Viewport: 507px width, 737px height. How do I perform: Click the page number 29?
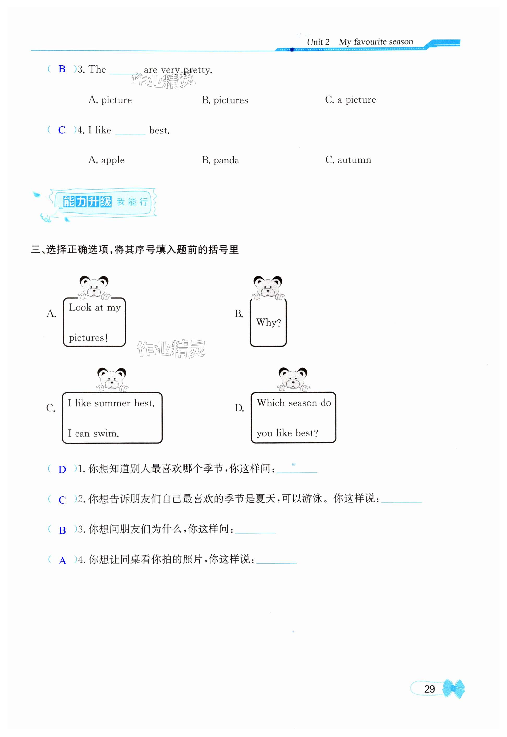coord(429,689)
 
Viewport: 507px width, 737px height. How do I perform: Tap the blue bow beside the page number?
coord(454,689)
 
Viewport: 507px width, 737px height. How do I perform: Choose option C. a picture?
coord(351,100)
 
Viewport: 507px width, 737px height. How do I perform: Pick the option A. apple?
coord(106,160)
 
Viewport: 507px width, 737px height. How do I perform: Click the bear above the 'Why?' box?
coord(268,287)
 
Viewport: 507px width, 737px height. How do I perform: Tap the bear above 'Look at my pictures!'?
coord(94,287)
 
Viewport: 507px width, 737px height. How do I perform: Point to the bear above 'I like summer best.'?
coord(112,379)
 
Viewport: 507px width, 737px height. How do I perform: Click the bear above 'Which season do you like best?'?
coord(293,379)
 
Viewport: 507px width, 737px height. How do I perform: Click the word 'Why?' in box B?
coord(268,323)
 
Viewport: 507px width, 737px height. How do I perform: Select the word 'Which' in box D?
coord(271,403)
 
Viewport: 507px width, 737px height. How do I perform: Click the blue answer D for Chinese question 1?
coord(62,470)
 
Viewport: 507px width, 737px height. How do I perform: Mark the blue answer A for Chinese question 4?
coord(63,560)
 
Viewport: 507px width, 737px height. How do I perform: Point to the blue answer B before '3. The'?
coord(62,69)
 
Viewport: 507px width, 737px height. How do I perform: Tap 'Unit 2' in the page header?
coord(318,42)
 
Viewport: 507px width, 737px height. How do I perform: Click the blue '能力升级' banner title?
coord(87,202)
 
